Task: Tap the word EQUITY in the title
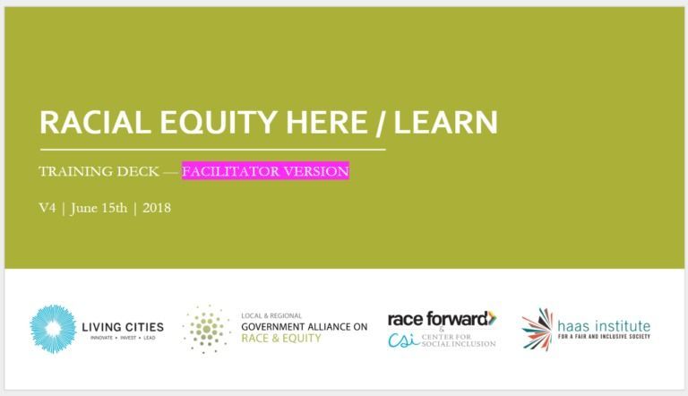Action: pyautogui.click(x=218, y=122)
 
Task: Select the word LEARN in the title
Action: pyautogui.click(x=446, y=122)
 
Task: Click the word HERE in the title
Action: pyautogui.click(x=326, y=122)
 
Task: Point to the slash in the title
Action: pyautogui.click(x=381, y=123)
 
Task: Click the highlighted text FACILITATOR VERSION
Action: pyautogui.click(x=265, y=171)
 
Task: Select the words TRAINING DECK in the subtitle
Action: pyautogui.click(x=99, y=171)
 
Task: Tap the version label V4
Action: pyautogui.click(x=47, y=208)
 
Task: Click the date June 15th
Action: pyautogui.click(x=99, y=208)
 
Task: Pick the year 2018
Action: pyautogui.click(x=157, y=208)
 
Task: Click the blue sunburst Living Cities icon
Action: pyautogui.click(x=53, y=329)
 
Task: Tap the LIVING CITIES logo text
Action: pyautogui.click(x=123, y=327)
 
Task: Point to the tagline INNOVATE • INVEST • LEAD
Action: pyautogui.click(x=123, y=338)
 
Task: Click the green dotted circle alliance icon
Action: pyautogui.click(x=206, y=329)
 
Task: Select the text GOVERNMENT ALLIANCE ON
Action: pyautogui.click(x=305, y=327)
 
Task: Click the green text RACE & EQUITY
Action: pyautogui.click(x=281, y=338)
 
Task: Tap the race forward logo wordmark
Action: pyautogui.click(x=443, y=318)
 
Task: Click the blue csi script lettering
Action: pyautogui.click(x=404, y=340)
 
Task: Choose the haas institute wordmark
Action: pyautogui.click(x=604, y=326)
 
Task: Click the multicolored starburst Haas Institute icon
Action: pyautogui.click(x=537, y=330)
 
